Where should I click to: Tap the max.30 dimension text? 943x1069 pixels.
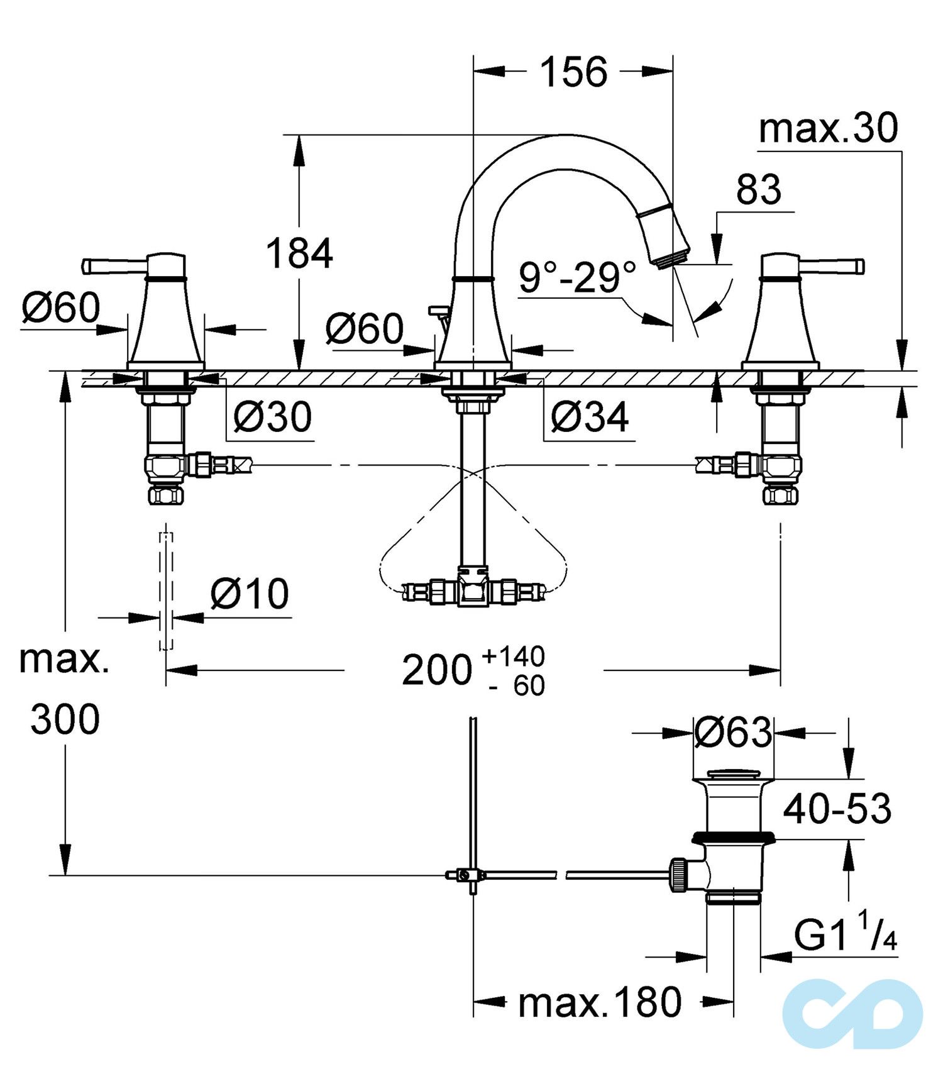(x=828, y=129)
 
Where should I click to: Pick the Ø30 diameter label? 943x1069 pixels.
(x=272, y=416)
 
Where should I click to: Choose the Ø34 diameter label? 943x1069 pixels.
(x=589, y=416)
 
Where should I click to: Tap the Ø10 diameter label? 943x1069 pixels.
(x=250, y=594)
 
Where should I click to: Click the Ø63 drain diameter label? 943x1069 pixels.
(x=733, y=731)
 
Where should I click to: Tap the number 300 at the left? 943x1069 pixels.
(x=65, y=719)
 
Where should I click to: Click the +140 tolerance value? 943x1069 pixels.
(x=513, y=656)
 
